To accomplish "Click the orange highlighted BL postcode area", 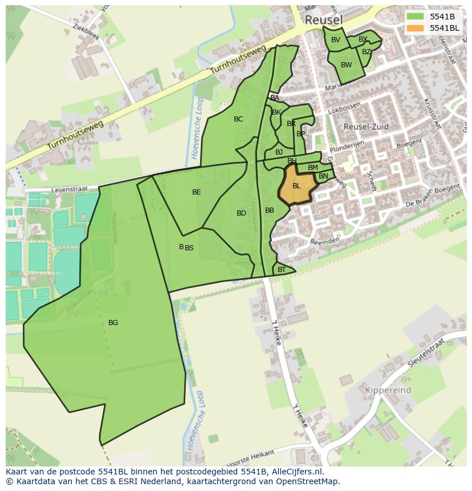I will [x=296, y=186].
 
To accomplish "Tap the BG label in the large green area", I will [x=113, y=323].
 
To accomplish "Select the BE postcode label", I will [x=196, y=192].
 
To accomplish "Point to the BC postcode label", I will [x=238, y=119].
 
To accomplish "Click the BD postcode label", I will [x=241, y=213].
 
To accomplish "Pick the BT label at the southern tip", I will [x=282, y=270].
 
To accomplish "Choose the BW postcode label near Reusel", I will [x=346, y=65].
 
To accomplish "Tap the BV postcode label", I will [x=335, y=40].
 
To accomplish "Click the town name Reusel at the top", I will [x=324, y=20].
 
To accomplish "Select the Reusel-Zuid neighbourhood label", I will [x=367, y=126].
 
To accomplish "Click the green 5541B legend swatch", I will [x=415, y=16].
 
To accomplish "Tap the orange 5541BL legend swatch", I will [x=415, y=28].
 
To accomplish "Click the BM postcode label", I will [x=312, y=168].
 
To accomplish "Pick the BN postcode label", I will [x=323, y=176].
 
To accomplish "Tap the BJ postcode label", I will [x=279, y=152].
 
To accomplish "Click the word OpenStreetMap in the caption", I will [x=308, y=481].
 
